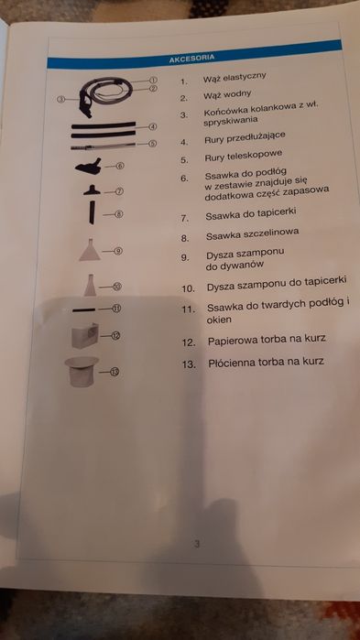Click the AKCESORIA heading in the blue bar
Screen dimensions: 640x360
pyautogui.click(x=192, y=59)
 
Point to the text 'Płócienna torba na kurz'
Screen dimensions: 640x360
pyautogui.click(x=266, y=362)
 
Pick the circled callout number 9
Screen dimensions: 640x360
pyautogui.click(x=120, y=250)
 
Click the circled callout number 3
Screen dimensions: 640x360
pyautogui.click(x=60, y=99)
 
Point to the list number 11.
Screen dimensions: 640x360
pyautogui.click(x=188, y=309)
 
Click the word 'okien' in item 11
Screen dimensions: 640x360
pyautogui.click(x=220, y=320)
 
